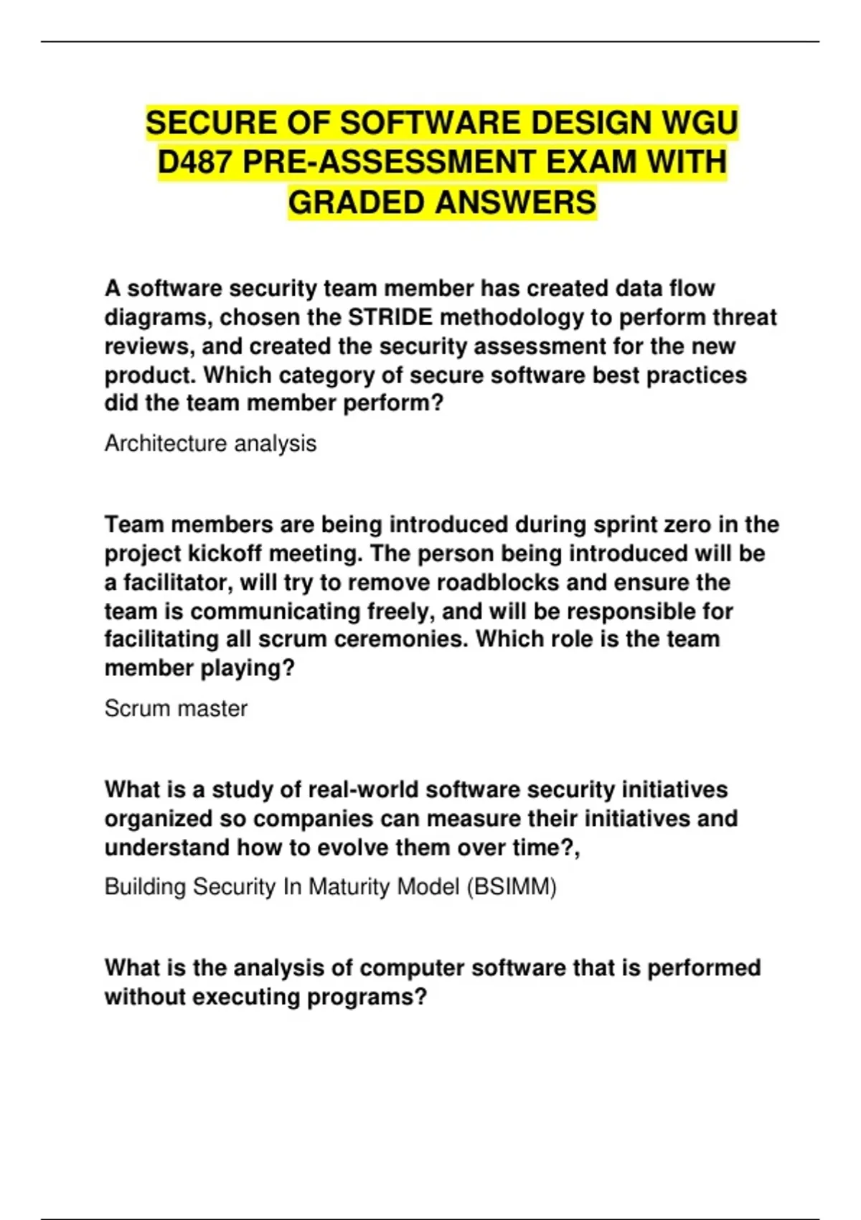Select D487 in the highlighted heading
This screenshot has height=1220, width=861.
195,162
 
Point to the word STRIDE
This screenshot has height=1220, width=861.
390,317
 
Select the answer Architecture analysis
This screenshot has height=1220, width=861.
210,444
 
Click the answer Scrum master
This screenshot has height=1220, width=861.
176,708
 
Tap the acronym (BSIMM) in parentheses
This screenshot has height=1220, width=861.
512,887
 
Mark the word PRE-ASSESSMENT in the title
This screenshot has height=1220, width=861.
390,162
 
